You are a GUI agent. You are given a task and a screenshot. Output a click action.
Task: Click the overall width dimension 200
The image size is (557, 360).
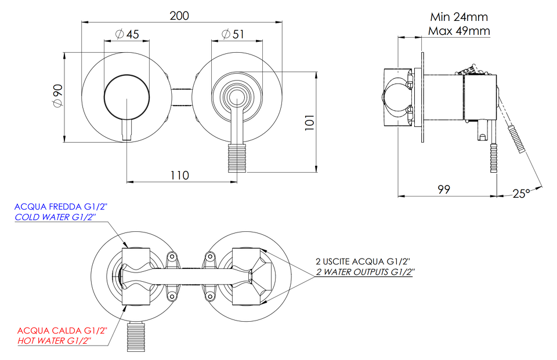[x=179, y=16]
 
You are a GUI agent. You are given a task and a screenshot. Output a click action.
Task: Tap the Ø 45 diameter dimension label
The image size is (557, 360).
[x=127, y=34]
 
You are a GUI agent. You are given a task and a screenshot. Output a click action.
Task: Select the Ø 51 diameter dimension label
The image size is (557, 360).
[x=233, y=34]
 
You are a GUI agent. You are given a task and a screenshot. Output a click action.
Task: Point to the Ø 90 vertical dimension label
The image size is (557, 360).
[x=57, y=96]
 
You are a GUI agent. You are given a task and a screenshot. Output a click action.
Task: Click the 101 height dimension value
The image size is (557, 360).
[x=310, y=122]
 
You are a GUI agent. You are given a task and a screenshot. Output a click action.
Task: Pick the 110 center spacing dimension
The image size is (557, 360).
[x=180, y=176]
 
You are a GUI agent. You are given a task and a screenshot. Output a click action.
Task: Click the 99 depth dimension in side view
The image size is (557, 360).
[x=444, y=189]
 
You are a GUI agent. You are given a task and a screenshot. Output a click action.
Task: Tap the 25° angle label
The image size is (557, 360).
[x=521, y=194]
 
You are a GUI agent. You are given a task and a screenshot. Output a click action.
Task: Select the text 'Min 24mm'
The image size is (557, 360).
[x=459, y=17]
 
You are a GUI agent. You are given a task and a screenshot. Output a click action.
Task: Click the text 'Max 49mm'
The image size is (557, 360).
[x=459, y=31]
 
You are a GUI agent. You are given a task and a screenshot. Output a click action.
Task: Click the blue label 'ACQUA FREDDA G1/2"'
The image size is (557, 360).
[x=61, y=206]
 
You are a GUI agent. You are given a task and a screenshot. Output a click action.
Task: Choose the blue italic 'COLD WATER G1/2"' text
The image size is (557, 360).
[x=56, y=217]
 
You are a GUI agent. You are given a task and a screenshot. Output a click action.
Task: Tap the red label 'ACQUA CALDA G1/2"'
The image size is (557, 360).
[x=62, y=330]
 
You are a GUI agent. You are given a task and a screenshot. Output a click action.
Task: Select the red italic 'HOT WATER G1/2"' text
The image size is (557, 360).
[x=55, y=341]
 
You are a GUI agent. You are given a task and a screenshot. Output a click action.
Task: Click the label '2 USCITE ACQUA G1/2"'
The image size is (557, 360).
[x=363, y=261]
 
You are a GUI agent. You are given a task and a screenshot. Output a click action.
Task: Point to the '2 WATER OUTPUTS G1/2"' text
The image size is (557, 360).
[x=366, y=272]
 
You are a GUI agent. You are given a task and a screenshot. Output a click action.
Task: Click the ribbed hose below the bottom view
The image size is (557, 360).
[x=136, y=337]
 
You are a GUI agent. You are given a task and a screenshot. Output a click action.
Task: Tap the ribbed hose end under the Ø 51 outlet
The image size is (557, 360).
[x=237, y=158]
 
